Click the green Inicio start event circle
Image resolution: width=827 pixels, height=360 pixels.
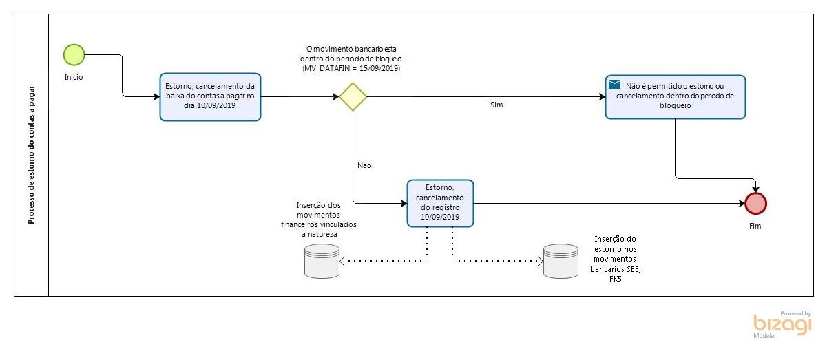coord(74,54)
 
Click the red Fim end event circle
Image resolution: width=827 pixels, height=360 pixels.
coord(755,203)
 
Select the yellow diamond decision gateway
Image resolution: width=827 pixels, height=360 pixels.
coord(353,96)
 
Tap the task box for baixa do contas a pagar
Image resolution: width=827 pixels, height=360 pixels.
coord(210,96)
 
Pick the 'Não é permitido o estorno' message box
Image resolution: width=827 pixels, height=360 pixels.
coord(675,96)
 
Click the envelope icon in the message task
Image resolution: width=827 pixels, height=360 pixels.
coord(615,85)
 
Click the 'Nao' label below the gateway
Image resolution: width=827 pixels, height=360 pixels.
coord(365,165)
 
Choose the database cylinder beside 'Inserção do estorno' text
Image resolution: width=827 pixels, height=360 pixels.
coord(561,262)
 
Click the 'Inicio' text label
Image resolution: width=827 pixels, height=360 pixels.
coord(74,77)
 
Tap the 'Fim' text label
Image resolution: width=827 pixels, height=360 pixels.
coord(755,225)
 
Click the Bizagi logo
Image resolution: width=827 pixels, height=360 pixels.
coord(782,326)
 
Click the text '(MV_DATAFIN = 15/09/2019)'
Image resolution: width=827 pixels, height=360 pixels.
coord(351,69)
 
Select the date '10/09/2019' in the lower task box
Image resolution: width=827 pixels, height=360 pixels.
coord(441,217)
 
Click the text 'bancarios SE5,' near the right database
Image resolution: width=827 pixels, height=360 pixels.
coord(614,269)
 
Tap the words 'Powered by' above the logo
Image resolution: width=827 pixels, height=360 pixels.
coord(795,313)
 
